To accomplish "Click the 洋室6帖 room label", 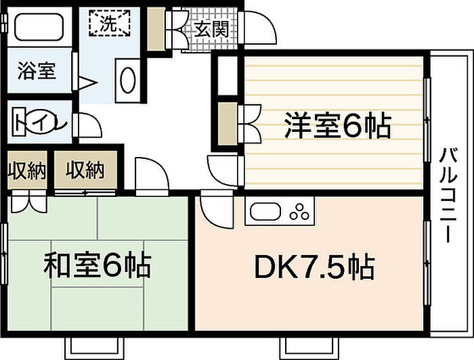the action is tap(337, 125).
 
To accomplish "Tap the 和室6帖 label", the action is tap(97, 265).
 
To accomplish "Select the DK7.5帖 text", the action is tap(315, 267).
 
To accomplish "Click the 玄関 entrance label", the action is tap(211, 30).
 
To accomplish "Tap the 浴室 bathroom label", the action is tap(37, 70).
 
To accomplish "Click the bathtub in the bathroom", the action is tap(39, 27).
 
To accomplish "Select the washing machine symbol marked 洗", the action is tap(110, 23).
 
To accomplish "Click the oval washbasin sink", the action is tap(128, 80).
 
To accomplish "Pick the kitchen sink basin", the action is tap(266, 211).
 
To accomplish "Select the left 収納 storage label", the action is tap(26, 171).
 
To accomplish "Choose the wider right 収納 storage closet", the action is tap(85, 170).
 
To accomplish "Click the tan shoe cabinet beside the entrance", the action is tap(156, 28).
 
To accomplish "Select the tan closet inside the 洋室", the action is tap(228, 124).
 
